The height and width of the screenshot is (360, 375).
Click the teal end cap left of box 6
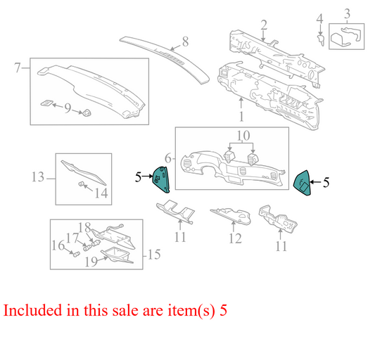click(x=161, y=179)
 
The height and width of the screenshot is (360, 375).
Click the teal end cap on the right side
click(x=303, y=183)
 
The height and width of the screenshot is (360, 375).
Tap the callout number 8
click(x=185, y=41)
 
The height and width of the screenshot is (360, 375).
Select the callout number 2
click(x=264, y=25)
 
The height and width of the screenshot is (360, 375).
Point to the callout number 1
click(x=241, y=117)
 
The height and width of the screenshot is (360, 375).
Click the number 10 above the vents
click(x=243, y=135)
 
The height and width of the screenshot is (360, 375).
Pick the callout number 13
click(x=38, y=177)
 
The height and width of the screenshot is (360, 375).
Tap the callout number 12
click(x=235, y=238)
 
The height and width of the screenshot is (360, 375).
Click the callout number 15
click(x=154, y=255)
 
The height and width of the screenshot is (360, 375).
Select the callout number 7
click(x=18, y=67)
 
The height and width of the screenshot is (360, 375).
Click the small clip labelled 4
click(x=321, y=39)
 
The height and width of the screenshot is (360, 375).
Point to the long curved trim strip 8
click(x=165, y=60)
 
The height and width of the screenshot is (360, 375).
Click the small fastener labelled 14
click(x=81, y=184)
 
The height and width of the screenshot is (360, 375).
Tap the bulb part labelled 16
click(x=76, y=254)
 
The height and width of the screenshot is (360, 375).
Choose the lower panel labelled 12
click(x=231, y=216)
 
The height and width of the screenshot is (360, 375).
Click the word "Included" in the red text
click(x=33, y=310)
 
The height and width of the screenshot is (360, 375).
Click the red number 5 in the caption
click(x=223, y=310)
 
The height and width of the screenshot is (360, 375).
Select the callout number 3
click(x=348, y=13)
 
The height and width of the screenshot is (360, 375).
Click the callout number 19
click(x=91, y=262)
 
